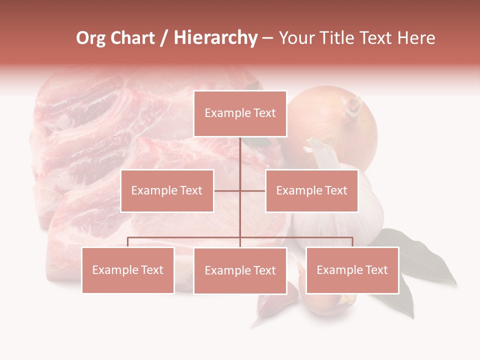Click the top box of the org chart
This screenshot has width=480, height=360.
coord(240,113)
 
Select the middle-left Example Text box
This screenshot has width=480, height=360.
coord(167,190)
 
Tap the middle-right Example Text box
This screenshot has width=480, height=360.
coord(311,190)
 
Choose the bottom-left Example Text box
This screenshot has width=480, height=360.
coord(128,270)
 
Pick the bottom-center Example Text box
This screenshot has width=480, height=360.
coord(240,270)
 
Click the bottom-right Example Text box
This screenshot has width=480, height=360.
coord(352,270)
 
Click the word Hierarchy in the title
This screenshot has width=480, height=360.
coord(215,38)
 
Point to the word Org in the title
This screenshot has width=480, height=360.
coord(90,38)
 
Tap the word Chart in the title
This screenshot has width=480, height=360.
coord(132,38)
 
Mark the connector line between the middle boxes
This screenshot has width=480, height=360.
coord(240,190)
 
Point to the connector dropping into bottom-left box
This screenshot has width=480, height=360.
coord(128,242)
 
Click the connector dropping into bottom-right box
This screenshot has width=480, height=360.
coord(352,242)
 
